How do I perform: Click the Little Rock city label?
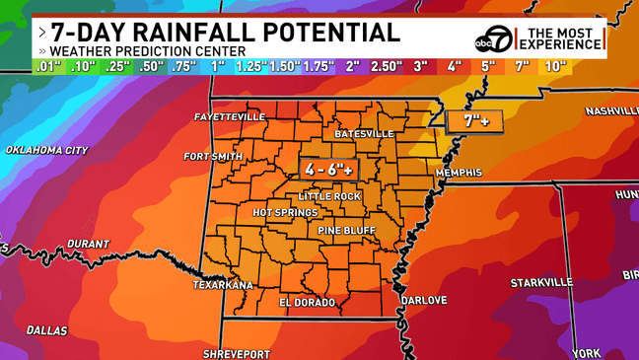pos(333,196)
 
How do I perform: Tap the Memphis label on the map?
pos(459,173)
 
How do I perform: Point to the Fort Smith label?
pos(213,156)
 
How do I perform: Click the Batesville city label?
pos(364,133)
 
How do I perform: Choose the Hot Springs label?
pos(285,212)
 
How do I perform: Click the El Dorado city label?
pos(308,302)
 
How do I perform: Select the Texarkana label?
pos(222,284)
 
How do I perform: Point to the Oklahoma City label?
pos(47,150)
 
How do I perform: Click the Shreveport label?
pos(236,353)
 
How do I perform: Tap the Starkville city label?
pos(541,282)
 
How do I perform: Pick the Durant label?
pos(89,244)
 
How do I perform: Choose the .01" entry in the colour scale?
pos(48,67)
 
